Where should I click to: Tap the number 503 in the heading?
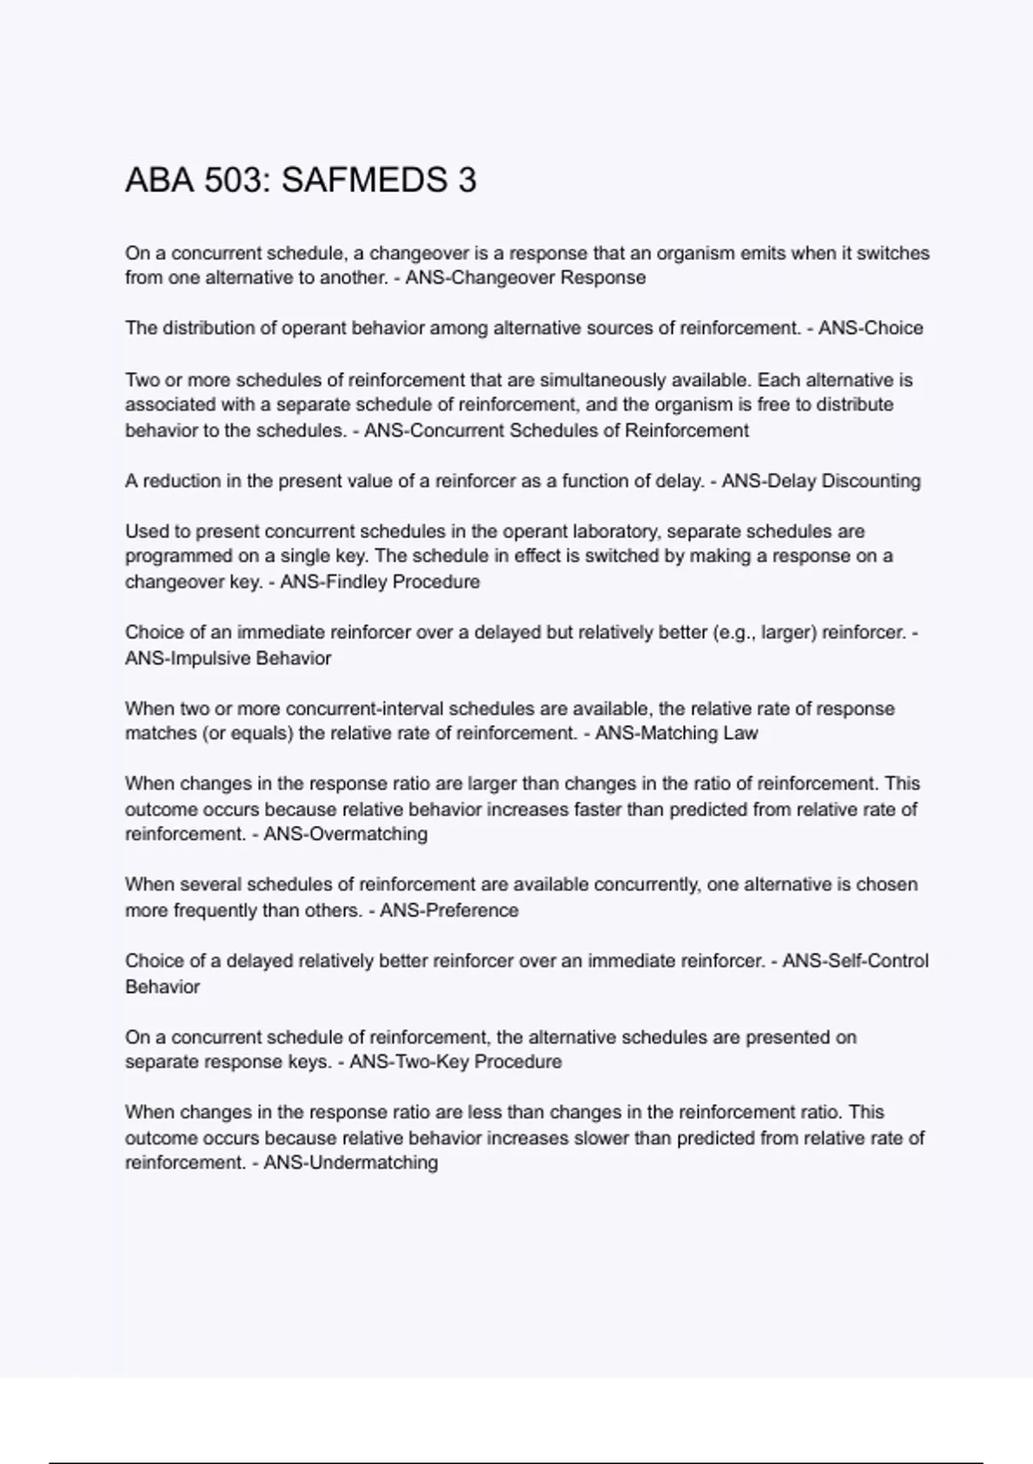coord(235,180)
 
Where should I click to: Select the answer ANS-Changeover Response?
coord(525,277)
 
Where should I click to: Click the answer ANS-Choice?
coord(870,328)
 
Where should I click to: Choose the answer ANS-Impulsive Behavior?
coord(228,658)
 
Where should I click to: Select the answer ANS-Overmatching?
coord(345,834)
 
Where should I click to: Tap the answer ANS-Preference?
coord(449,910)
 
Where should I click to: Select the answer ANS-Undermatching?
coord(350,1163)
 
